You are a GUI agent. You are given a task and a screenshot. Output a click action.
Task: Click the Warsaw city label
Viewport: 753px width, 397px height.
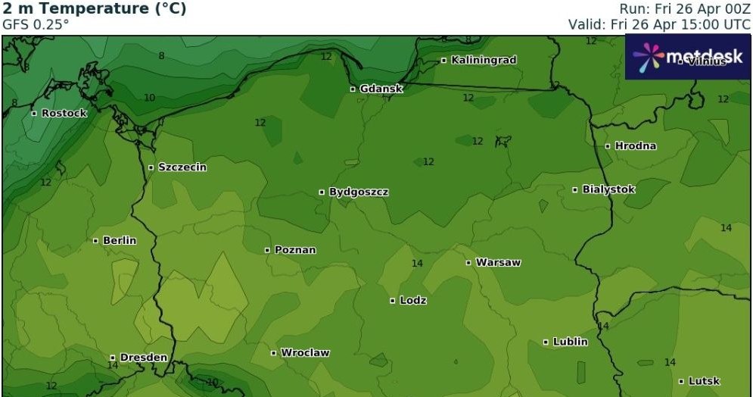(x=497, y=263)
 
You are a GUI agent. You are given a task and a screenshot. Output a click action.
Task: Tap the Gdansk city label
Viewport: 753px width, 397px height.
(x=381, y=89)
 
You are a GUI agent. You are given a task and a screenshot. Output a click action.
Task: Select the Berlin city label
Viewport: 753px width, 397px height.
(x=119, y=240)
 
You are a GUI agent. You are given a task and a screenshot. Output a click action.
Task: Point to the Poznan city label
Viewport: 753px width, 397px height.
(x=295, y=250)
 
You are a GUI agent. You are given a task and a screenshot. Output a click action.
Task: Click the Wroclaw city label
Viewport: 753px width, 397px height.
(x=304, y=353)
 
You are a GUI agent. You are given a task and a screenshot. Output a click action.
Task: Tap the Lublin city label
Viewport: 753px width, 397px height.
(x=569, y=342)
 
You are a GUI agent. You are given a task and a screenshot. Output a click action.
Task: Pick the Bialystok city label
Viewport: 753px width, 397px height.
(x=608, y=189)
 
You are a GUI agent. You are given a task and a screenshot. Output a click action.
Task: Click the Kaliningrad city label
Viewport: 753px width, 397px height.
(x=483, y=60)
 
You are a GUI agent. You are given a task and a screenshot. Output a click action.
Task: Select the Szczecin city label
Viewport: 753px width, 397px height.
(x=181, y=167)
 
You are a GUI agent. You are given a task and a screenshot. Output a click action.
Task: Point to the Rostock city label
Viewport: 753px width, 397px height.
(x=64, y=114)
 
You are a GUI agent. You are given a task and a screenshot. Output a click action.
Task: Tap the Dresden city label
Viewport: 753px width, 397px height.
(x=142, y=358)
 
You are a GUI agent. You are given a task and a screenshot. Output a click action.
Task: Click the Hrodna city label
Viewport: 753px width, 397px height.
(x=635, y=145)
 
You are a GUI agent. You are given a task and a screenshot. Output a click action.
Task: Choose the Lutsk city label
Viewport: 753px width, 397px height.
(x=703, y=381)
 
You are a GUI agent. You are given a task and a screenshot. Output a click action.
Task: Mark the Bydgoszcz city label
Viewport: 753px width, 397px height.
(x=358, y=192)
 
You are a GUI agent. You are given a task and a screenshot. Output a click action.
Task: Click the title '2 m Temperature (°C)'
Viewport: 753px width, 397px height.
(x=95, y=9)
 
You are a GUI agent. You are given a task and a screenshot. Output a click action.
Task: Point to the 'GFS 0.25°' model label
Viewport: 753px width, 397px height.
(x=36, y=24)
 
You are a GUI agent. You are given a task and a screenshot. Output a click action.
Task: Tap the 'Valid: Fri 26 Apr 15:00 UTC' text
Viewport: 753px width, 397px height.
(x=660, y=24)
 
